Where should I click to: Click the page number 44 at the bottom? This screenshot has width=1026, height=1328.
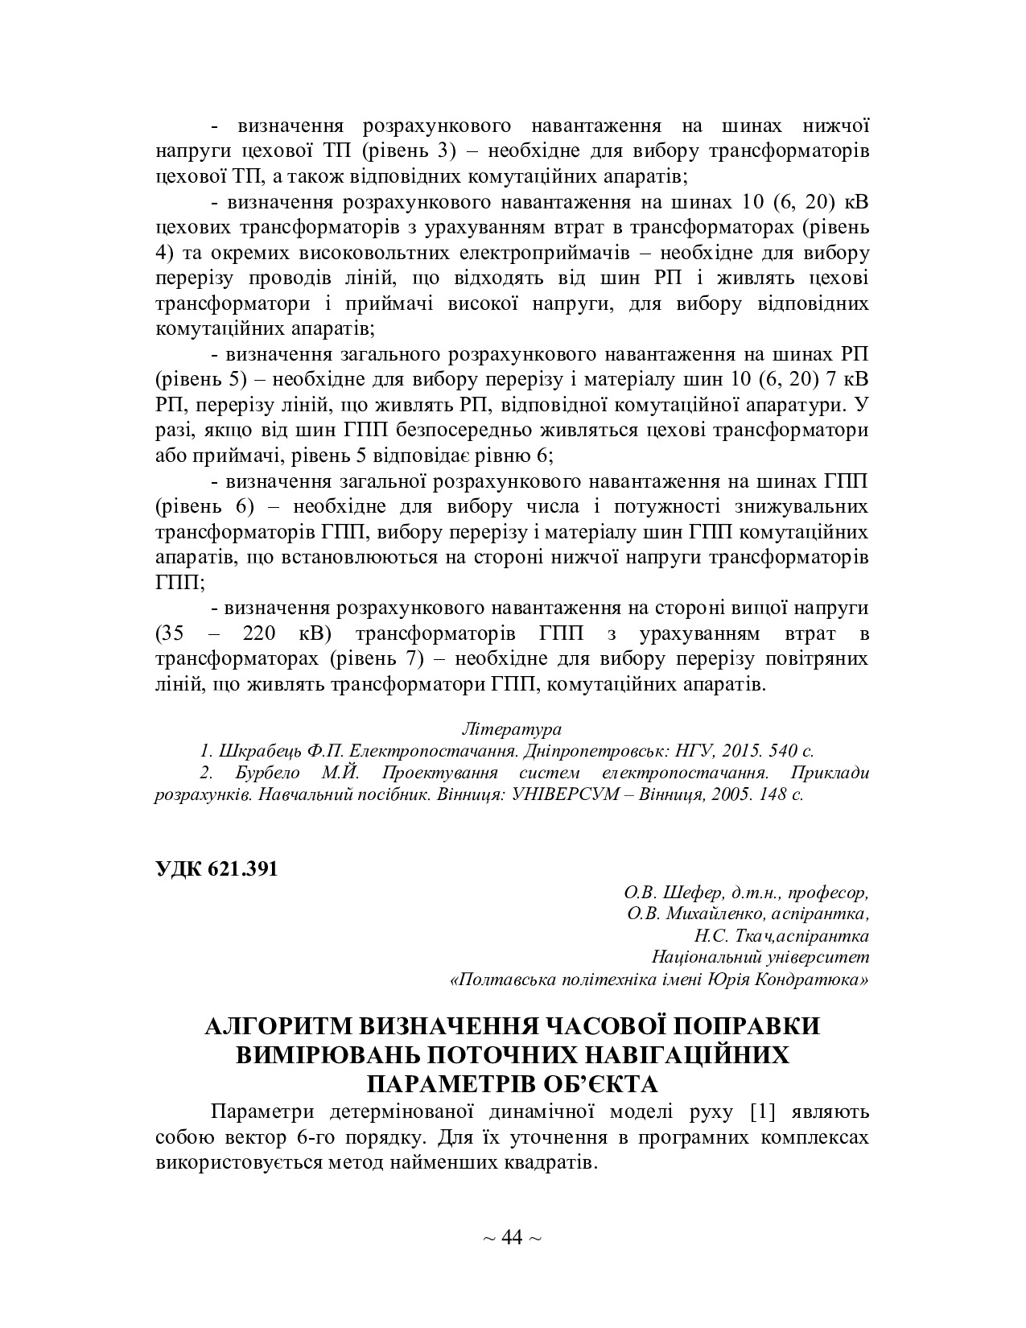[512, 1236]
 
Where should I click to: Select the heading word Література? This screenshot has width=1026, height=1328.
[512, 729]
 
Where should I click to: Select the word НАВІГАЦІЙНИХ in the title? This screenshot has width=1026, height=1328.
[666, 1054]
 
